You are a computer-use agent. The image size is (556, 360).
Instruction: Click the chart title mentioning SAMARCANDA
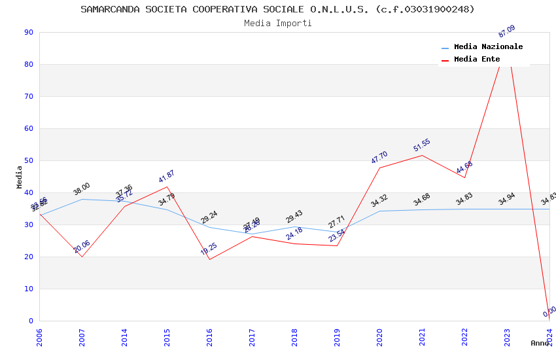[x=277, y=9]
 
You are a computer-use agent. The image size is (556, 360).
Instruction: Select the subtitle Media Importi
[x=277, y=23]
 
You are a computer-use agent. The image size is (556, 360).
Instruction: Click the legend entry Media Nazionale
[x=488, y=46]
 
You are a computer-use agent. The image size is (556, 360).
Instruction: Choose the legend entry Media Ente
[x=477, y=59]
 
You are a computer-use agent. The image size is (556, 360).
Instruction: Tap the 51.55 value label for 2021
[x=421, y=145]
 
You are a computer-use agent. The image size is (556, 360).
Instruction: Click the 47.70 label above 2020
[x=379, y=158]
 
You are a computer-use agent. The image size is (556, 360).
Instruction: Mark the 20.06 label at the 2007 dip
[x=81, y=247]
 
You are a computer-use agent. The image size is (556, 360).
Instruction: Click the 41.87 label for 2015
[x=166, y=177]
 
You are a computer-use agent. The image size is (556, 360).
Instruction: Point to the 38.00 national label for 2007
[x=81, y=189]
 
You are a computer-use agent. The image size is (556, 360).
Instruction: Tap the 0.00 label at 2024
[x=549, y=312]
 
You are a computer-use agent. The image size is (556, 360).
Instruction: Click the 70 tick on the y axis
[x=29, y=96]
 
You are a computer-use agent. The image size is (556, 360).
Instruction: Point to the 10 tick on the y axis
[x=29, y=289]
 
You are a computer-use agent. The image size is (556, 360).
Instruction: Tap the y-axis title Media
[x=19, y=177]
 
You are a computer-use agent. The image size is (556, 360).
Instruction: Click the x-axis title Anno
[x=540, y=343]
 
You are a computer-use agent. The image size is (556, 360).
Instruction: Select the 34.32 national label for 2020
[x=379, y=201]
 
